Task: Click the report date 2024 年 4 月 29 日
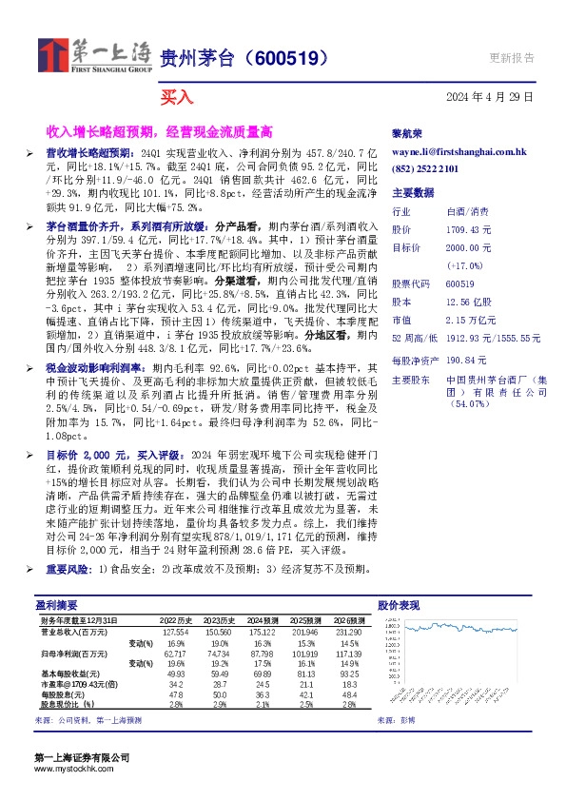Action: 489,97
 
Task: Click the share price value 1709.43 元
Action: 468,229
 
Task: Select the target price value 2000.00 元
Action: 468,247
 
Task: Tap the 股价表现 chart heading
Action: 398,604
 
